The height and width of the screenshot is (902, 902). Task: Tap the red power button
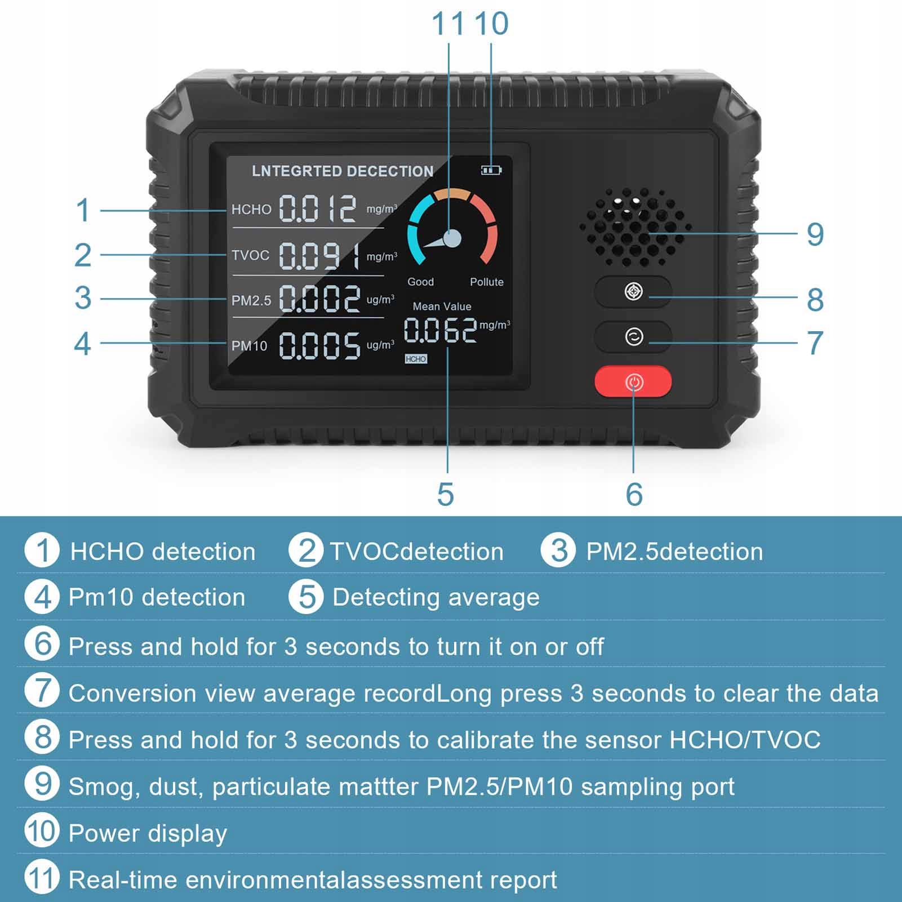pos(633,382)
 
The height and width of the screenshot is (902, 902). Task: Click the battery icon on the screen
pos(491,170)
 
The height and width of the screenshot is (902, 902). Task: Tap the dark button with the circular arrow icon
pos(633,337)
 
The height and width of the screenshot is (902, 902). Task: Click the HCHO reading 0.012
pos(318,209)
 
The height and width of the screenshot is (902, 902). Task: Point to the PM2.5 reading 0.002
pos(319,299)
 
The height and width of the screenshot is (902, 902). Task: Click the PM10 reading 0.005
pos(319,345)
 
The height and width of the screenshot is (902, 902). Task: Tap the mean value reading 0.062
pos(440,330)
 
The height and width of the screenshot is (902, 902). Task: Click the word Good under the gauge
pos(420,282)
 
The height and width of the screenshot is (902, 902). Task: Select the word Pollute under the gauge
pos(486,282)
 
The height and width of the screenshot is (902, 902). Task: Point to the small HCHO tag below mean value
pos(416,359)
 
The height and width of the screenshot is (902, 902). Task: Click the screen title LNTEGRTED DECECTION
pos(343,171)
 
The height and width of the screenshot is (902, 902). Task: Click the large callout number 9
pos(815,234)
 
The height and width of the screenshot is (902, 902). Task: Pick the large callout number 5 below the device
pos(445,494)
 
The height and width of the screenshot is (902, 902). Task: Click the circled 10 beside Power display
pos(42,830)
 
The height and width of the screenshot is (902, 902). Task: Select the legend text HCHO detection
pos(163,552)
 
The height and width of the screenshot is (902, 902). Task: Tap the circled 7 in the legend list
pos(42,691)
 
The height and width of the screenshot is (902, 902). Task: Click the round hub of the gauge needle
pos(452,238)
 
